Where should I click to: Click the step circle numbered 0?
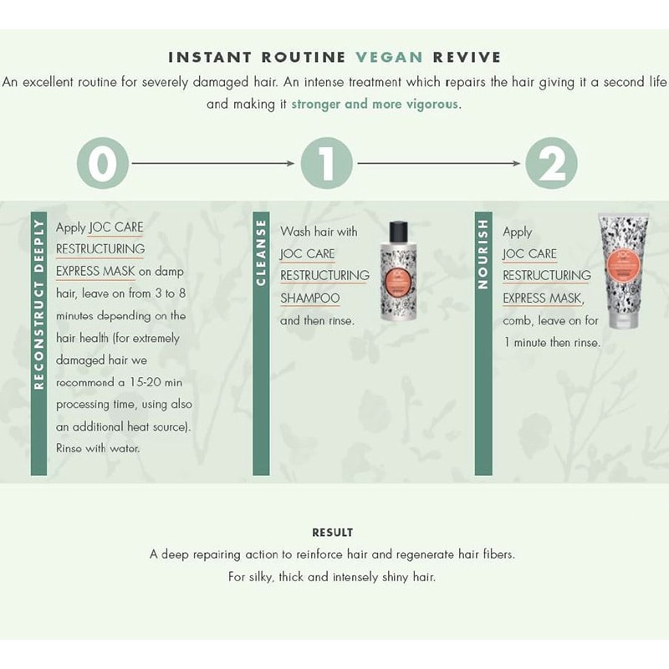103,163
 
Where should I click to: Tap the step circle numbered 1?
327,163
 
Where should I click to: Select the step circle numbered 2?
551,163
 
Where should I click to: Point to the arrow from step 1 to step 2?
439,163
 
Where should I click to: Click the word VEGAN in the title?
389,58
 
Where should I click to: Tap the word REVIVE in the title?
467,58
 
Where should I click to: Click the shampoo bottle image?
397,276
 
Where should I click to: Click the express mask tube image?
623,272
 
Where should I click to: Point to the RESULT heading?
333,533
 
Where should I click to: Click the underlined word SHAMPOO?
309,298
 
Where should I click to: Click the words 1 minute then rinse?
552,342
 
